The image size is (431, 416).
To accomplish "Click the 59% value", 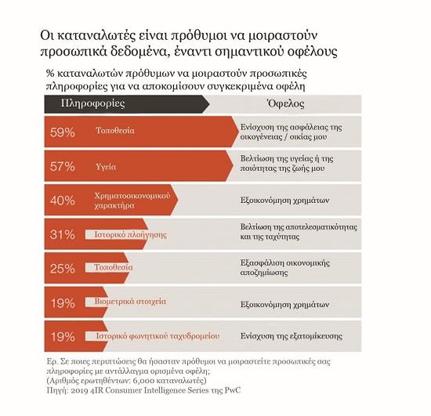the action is tap(63, 132).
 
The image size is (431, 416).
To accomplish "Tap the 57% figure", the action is tap(63, 167).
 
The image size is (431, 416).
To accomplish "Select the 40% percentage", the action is tap(63, 201).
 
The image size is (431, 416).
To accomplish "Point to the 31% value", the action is tap(63, 235).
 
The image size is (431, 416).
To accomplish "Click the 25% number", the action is tap(63, 269).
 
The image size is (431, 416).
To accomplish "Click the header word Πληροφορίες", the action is tap(93, 103).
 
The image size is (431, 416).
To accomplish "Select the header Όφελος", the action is tap(285, 103).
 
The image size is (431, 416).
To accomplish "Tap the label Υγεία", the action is tap(106, 167).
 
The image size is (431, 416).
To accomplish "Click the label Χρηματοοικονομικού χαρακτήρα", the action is tap(132, 201).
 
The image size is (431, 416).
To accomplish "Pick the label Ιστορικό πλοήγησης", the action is tap(131, 235).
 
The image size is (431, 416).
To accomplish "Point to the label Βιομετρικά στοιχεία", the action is tap(130, 302).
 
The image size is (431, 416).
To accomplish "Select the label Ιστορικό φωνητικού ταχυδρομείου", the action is tap(158, 336).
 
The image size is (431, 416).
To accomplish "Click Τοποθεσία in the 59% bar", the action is tap(115, 130).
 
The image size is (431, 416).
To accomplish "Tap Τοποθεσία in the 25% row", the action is tap(114, 267).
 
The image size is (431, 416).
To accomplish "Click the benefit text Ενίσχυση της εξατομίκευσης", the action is tap(292, 336).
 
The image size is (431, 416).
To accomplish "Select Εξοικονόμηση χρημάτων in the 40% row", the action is tap(284, 201).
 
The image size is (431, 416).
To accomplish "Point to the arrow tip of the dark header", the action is tap(209, 104).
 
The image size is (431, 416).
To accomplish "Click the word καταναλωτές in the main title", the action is tap(97, 36).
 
